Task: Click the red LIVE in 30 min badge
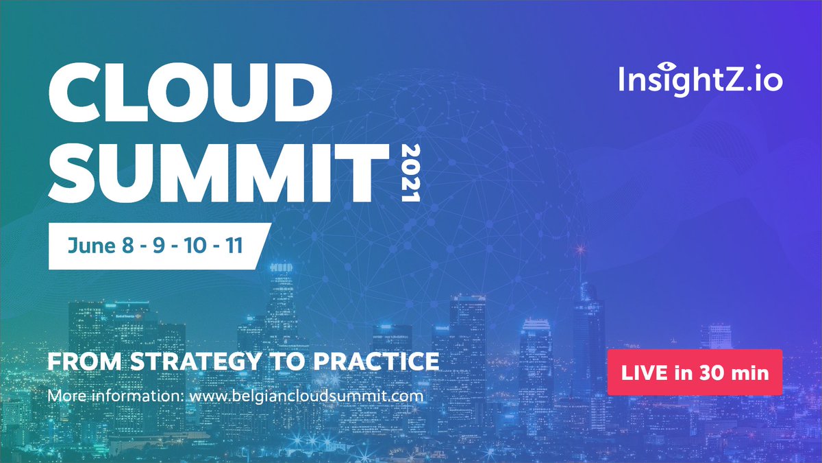tap(695, 372)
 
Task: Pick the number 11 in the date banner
tap(234, 246)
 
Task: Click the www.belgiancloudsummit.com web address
tap(307, 396)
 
